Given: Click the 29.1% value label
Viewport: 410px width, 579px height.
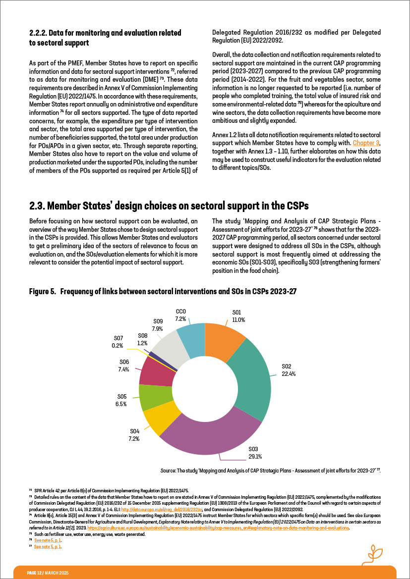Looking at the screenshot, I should click(255, 456).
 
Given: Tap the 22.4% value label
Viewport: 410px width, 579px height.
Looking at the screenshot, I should click(289, 374).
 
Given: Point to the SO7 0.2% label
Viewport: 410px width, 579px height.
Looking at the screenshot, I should click(117, 342).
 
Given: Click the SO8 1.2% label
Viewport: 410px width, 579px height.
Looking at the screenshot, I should click(143, 339).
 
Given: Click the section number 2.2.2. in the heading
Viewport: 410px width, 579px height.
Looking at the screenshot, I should click(39, 33).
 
